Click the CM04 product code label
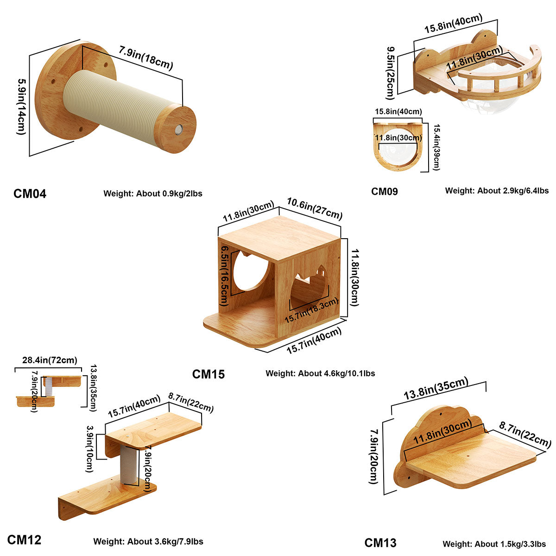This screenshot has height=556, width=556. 30,193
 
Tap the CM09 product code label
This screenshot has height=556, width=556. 385,191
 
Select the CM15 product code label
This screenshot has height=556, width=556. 208,374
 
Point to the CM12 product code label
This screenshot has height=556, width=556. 24,540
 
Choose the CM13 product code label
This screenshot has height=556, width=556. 380,543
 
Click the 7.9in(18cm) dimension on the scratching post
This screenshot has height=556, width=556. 145,58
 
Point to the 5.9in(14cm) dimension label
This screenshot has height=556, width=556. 21,106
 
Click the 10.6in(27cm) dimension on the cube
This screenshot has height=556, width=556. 315,208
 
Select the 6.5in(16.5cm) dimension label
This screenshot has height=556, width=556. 225,275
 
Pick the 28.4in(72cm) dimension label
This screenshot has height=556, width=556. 50,360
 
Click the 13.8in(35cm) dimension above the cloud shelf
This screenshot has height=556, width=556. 436,389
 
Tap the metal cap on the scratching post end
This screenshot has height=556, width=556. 179,129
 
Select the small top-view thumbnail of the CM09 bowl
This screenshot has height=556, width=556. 398,145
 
